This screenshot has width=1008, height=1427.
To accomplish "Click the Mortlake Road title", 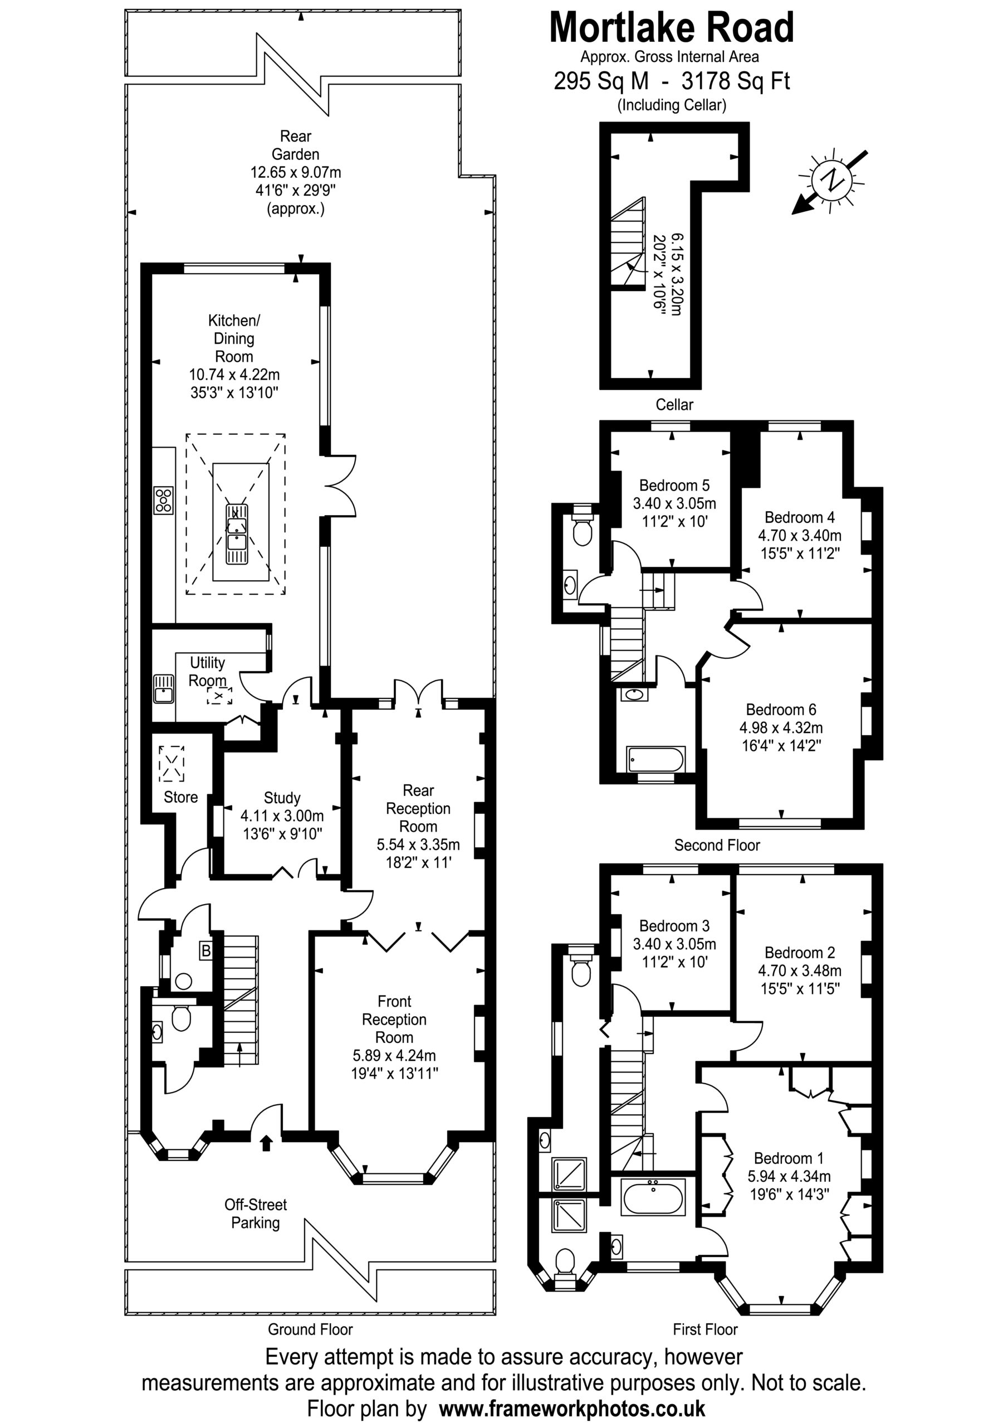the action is click(x=672, y=28).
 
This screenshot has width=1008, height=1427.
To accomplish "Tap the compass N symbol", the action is click(x=830, y=180).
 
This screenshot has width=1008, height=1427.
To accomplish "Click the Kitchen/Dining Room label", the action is click(x=234, y=338).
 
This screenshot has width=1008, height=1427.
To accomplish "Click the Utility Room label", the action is click(x=207, y=671).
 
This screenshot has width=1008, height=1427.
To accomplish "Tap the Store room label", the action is click(x=181, y=797).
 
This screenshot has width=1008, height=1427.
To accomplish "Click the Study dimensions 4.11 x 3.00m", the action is click(x=282, y=816).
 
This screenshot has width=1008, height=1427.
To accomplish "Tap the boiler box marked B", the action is click(x=205, y=950).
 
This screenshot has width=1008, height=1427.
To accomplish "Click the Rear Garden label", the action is click(x=296, y=145).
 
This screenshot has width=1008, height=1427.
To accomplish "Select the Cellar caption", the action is click(x=674, y=405).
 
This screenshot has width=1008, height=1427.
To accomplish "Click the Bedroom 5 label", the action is click(x=674, y=485).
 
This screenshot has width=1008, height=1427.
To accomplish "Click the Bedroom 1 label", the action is click(x=789, y=1158).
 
